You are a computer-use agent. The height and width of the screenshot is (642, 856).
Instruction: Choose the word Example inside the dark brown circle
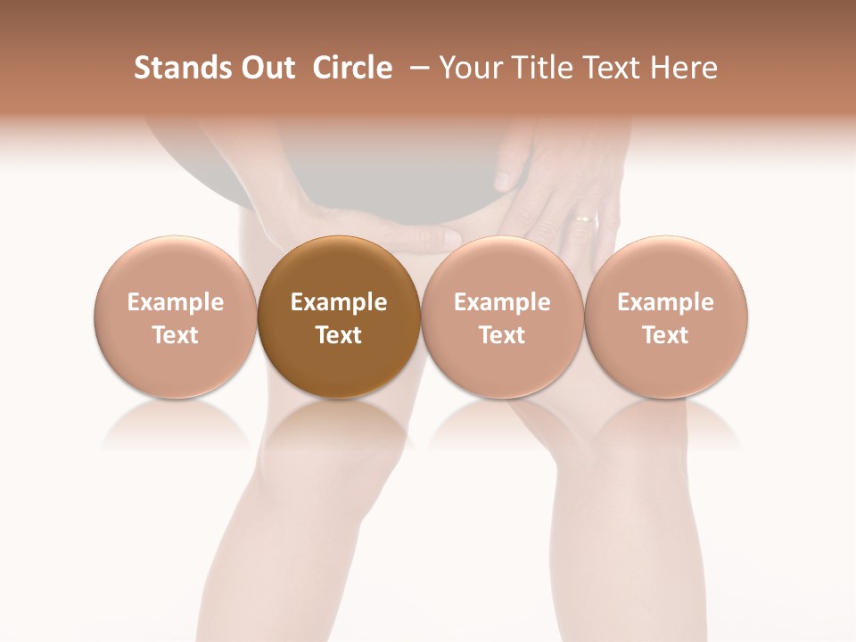(x=339, y=302)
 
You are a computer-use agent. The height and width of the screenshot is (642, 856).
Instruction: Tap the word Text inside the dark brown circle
(x=339, y=335)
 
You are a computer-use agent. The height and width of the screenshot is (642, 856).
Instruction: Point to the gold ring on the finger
(x=586, y=217)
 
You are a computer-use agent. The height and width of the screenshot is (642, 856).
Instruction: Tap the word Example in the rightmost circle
(x=666, y=302)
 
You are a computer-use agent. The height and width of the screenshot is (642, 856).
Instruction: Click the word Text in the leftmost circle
(x=175, y=335)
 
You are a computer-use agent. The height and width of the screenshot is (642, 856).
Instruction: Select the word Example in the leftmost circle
(x=175, y=302)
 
